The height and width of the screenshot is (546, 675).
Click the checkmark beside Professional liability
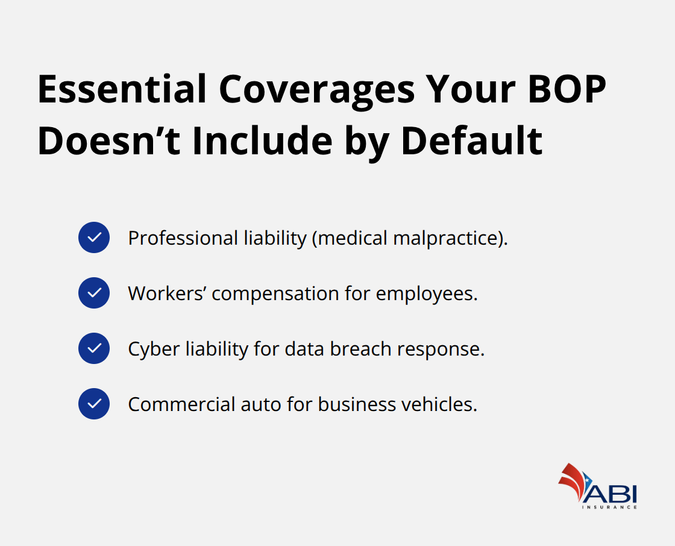point(94,237)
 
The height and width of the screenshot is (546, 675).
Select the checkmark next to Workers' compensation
point(94,293)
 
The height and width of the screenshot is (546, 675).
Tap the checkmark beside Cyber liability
point(94,348)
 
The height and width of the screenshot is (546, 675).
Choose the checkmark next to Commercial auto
point(94,404)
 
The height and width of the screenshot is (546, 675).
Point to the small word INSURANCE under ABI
point(609,507)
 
